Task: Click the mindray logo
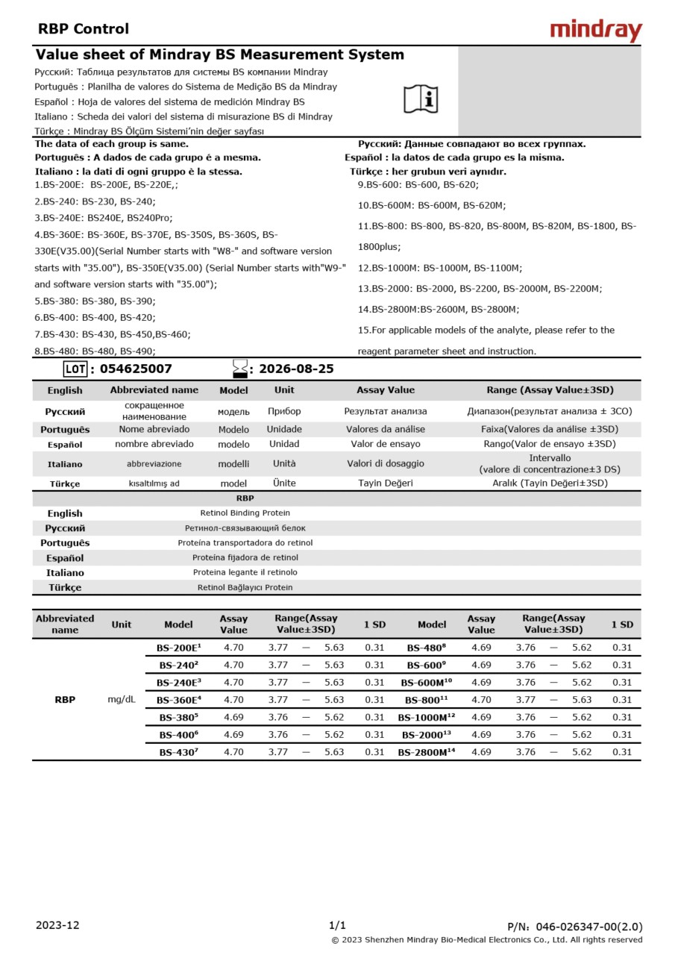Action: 595,31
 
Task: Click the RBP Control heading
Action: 84,29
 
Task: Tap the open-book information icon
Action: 421,99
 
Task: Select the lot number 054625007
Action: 136,369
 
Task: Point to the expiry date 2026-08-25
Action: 296,369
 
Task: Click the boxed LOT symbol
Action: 75,369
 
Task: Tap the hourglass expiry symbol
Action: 240,369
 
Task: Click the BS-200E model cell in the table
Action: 179,648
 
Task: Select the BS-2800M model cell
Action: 426,752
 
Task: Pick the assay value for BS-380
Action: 233,717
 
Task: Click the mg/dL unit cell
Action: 122,700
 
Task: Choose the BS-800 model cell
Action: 426,700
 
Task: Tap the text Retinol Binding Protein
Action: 245,513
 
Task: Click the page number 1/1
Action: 337,925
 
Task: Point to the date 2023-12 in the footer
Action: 57,925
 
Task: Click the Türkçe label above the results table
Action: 65,587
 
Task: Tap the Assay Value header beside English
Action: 385,390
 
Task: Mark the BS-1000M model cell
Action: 426,717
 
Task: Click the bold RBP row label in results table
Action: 65,700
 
